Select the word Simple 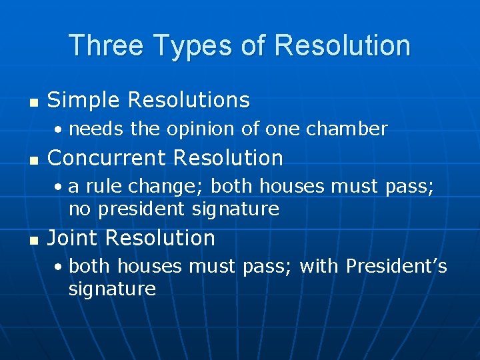click(84, 100)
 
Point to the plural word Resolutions click(189, 100)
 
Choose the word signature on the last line click(112, 289)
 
